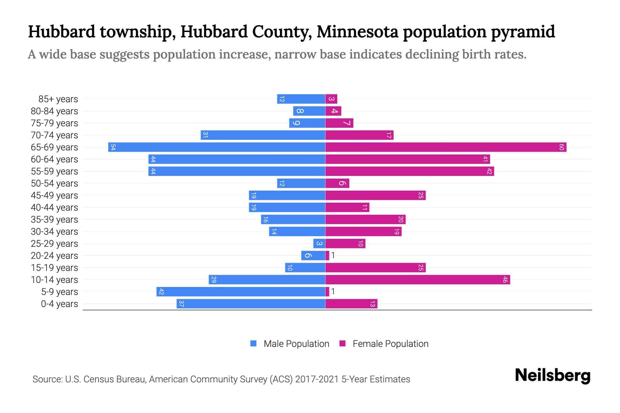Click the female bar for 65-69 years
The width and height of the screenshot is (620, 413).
tap(446, 147)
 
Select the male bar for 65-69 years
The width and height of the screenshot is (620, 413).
tap(217, 147)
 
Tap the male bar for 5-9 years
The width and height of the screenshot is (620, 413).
tap(241, 292)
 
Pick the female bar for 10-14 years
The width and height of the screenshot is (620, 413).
tap(417, 280)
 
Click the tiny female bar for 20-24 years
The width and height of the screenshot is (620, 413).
tap(327, 256)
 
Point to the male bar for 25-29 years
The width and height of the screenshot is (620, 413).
tap(319, 244)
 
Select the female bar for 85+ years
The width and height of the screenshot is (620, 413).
tap(331, 99)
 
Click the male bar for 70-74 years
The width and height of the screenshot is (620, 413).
tap(263, 135)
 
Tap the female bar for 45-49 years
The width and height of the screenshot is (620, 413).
tap(375, 195)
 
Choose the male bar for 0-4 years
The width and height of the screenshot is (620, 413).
tap(251, 304)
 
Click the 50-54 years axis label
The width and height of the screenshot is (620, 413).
tap(54, 183)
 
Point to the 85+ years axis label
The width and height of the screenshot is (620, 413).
tap(58, 99)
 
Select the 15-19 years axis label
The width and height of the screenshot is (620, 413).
tap(54, 268)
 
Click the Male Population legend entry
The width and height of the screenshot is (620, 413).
tap(296, 344)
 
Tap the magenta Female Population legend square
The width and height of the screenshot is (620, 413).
tap(342, 343)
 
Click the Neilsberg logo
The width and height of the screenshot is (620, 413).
tap(552, 375)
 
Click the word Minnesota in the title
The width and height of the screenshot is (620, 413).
tap(357, 32)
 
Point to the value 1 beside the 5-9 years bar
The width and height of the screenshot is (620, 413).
tap(333, 292)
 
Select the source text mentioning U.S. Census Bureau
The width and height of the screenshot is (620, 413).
tap(221, 379)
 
